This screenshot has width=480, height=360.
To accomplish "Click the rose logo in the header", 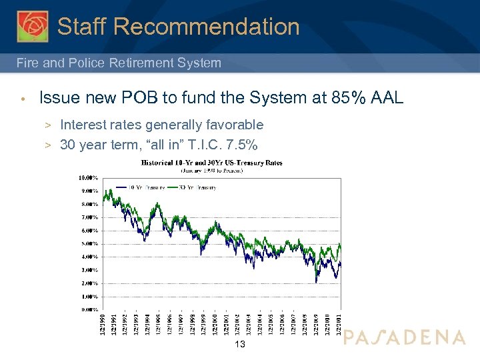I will coord(33,26).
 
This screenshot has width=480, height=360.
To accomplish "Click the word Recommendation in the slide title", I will coord(207,27).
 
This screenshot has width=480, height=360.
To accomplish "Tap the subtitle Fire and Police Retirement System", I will coord(119,63).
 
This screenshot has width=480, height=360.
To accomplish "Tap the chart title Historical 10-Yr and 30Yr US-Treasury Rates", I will coord(212,162).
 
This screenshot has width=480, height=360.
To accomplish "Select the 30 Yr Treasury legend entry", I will coord(198,187).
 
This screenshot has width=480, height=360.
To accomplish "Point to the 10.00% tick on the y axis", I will coord(89,178).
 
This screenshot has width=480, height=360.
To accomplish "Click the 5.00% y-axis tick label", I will coord(89,243).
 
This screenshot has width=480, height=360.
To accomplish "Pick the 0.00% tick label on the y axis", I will coord(89,309).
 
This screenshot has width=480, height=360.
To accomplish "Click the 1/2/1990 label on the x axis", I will coord(102,325).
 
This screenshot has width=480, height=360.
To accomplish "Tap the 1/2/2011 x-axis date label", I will coord(339,325).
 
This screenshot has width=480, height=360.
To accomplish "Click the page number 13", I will coord(241,344).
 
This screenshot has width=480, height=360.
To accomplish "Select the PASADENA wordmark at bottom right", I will coord(405,337).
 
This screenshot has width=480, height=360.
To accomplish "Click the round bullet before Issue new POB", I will coord(22,99).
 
